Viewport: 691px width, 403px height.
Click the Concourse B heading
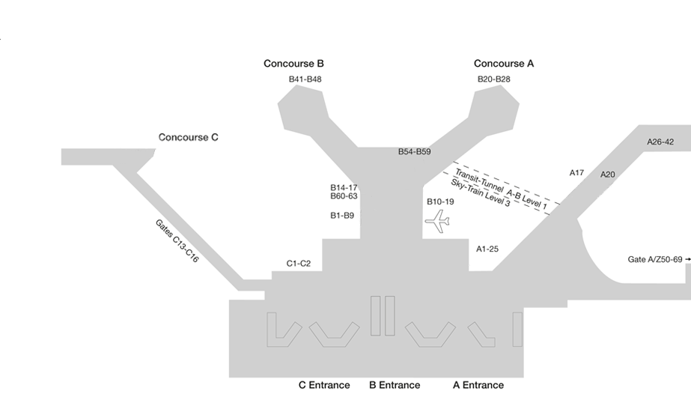(x=293, y=64)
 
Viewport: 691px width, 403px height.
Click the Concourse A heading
(x=504, y=64)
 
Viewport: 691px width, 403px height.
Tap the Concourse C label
(x=188, y=138)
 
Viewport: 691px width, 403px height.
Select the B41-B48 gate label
(x=305, y=79)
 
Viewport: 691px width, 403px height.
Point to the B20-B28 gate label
(x=493, y=79)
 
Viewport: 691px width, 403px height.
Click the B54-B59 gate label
(x=414, y=152)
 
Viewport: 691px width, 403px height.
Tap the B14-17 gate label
(x=344, y=187)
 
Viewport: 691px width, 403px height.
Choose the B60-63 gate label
(x=344, y=196)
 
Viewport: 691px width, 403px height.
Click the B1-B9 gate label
(x=342, y=216)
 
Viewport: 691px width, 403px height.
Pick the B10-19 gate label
(x=440, y=201)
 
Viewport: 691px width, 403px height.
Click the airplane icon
(x=437, y=220)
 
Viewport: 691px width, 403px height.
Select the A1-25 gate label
(x=487, y=249)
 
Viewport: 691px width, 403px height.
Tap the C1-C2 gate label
(x=298, y=264)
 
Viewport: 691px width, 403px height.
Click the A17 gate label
(x=576, y=173)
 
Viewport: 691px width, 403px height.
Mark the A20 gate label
(x=607, y=175)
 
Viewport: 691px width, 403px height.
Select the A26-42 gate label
(x=660, y=142)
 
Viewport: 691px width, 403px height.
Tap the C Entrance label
(x=324, y=385)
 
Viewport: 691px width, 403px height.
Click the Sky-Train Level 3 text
(x=480, y=193)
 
